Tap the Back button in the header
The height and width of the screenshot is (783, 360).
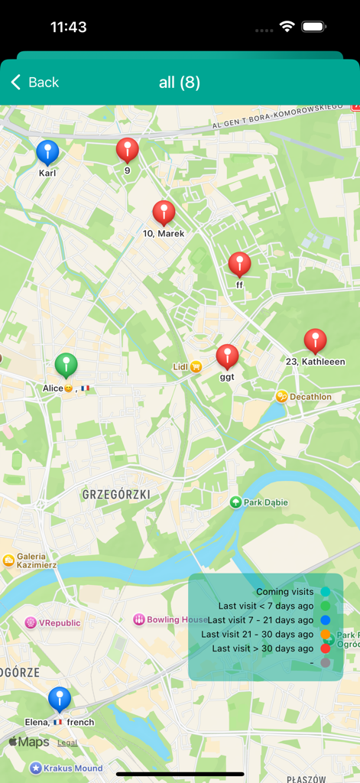[34, 83]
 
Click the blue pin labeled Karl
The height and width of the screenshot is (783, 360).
[47, 151]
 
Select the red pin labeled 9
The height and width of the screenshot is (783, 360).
[128, 149]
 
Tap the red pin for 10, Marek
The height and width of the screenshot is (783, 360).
[164, 212]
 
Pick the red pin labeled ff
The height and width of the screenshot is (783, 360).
[239, 264]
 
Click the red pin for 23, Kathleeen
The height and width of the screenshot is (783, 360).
[315, 340]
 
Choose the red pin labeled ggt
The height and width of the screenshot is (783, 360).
[227, 356]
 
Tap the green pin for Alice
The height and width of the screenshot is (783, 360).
[66, 365]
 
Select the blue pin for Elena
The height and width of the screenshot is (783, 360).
[60, 698]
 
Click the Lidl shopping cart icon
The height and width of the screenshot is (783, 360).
[196, 367]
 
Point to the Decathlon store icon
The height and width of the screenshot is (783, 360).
[282, 396]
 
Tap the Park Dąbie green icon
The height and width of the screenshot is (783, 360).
[235, 502]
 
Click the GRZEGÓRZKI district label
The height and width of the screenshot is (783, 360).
[115, 495]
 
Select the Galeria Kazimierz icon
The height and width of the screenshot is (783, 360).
[8, 560]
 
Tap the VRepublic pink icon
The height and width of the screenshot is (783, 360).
[31, 622]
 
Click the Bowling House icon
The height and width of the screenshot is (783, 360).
[139, 619]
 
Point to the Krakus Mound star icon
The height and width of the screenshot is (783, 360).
[36, 768]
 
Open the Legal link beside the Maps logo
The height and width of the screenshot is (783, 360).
[67, 742]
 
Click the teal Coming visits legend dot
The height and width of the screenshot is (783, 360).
[326, 592]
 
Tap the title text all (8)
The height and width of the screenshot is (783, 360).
[180, 83]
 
